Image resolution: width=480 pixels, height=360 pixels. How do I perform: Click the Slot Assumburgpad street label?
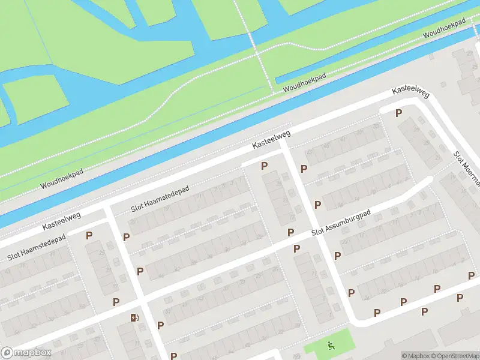coord(341,224)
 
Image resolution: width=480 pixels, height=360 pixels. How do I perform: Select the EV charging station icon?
coord(134,317)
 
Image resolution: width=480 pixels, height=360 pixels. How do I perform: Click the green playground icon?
coord(331,345)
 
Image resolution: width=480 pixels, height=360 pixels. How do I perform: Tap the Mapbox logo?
coord(26,353)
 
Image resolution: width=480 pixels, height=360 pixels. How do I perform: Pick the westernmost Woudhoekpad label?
coord(62,178)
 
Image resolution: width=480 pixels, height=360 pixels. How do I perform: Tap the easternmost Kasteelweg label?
coord(411,89)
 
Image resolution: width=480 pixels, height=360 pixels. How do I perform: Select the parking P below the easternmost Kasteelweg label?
coord(398,113)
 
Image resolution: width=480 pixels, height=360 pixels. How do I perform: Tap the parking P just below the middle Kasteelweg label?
coord(264,166)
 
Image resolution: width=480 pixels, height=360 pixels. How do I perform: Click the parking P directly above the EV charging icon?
coord(116,302)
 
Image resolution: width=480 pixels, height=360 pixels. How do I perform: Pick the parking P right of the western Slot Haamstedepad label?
coord(89,236)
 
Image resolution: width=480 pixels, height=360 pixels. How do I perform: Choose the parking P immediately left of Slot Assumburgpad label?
coord(291,232)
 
